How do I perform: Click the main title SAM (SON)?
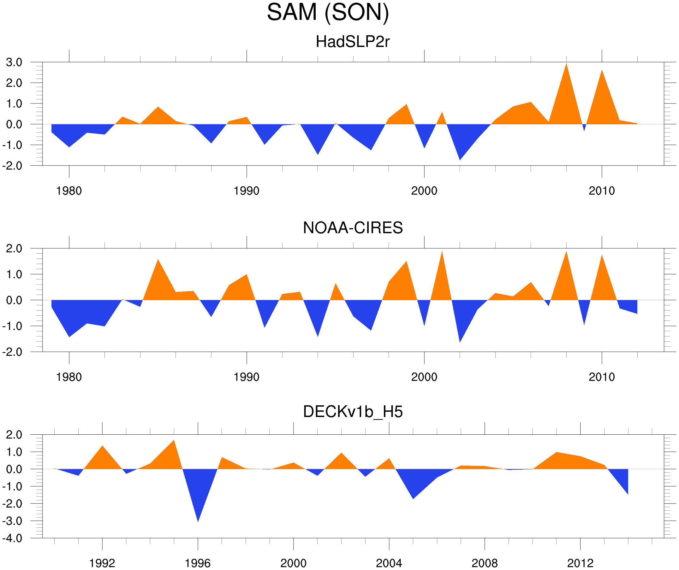coord(328,12)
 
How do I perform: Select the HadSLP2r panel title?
coord(352,42)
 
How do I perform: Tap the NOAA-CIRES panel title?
coord(353,228)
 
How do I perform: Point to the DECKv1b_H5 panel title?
coord(353,412)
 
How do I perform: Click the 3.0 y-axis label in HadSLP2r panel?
coord(14,62)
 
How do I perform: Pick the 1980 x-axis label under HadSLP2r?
coord(69,191)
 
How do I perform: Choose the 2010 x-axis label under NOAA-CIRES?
coord(601,377)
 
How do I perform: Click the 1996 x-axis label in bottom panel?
coord(198,563)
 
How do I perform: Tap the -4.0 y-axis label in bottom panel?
coord(12,538)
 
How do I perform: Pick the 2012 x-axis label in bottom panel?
coord(580,563)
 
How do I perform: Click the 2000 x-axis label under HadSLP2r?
coord(424,191)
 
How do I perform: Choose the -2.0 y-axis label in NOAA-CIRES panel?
coord(12,352)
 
